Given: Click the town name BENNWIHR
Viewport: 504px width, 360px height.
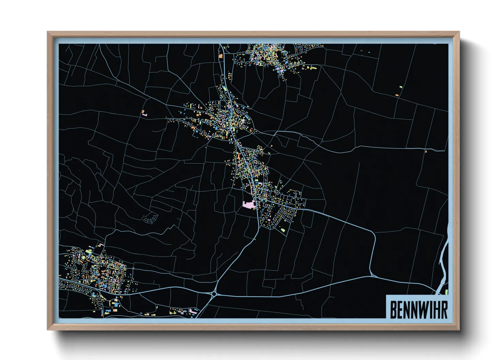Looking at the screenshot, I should tap(419, 310).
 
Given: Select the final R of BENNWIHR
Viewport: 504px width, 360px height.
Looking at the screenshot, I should tap(444, 310).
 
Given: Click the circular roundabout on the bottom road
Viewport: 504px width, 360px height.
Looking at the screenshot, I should tap(214, 294).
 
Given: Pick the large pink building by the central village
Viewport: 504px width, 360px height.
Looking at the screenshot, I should tap(249, 204).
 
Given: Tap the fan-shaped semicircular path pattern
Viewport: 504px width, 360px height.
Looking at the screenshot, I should tap(151, 218).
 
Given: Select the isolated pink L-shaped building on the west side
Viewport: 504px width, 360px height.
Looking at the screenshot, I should tap(144, 114).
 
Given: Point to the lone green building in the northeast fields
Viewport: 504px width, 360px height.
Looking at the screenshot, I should tap(401, 87).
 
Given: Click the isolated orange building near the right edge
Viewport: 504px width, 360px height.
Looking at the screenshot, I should tap(426, 151).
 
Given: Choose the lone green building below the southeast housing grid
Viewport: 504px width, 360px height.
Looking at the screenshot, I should tap(283, 230).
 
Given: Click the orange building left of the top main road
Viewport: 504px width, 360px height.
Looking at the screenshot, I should tap(221, 56).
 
